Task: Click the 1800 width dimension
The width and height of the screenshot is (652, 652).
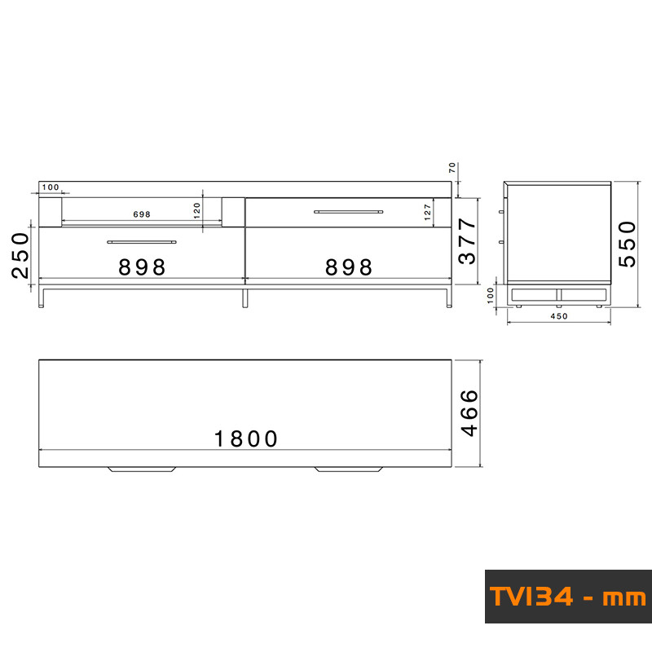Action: (x=246, y=439)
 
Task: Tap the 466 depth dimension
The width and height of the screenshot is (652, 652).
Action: (x=470, y=413)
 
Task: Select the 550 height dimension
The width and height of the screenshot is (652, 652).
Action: (x=627, y=244)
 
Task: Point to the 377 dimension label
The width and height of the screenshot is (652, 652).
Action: (x=467, y=241)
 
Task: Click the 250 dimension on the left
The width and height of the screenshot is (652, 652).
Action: (x=20, y=255)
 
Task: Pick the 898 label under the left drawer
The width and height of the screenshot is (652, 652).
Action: (x=142, y=267)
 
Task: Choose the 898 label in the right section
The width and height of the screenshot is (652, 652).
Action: (x=349, y=267)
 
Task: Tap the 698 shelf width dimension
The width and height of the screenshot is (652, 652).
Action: (x=142, y=214)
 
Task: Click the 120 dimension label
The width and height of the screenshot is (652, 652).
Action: (x=197, y=210)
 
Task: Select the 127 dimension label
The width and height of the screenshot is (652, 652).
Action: (x=427, y=212)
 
